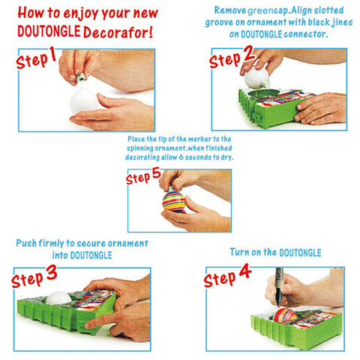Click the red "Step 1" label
pos(36,58)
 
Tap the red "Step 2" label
pos(232,57)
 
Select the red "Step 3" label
pos(34,277)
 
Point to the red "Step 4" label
pos(227,275)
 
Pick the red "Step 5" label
pos(143,176)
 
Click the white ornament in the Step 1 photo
pos(83,101)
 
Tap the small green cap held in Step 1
pos(82,77)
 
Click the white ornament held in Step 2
pos(256,77)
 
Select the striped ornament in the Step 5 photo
pos(174,201)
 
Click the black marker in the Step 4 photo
pos(279,287)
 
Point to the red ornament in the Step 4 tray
pos(285,316)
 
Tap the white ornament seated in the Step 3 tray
pos(58,298)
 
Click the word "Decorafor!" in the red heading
pos(118,32)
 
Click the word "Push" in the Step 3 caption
pos(26,243)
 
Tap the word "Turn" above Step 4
pos(239,252)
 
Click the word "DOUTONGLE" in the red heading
pos(49,31)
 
